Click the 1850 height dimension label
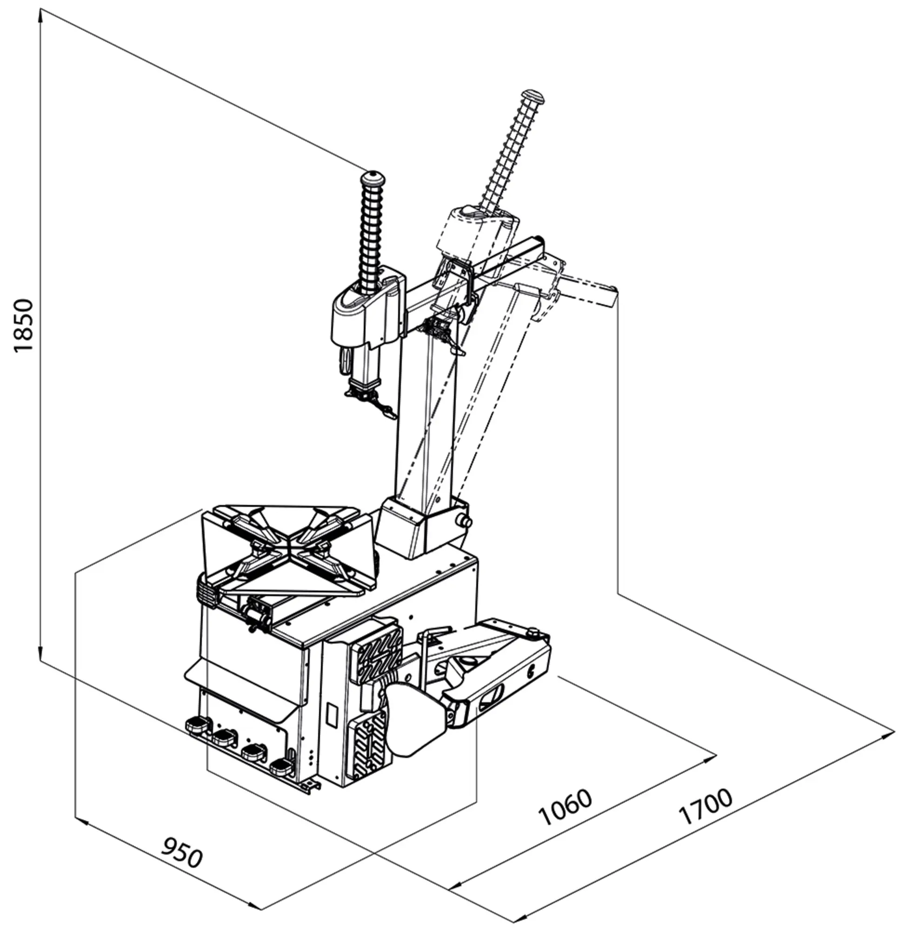point(24,325)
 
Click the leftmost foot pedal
point(198,725)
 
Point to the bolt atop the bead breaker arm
point(535,631)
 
